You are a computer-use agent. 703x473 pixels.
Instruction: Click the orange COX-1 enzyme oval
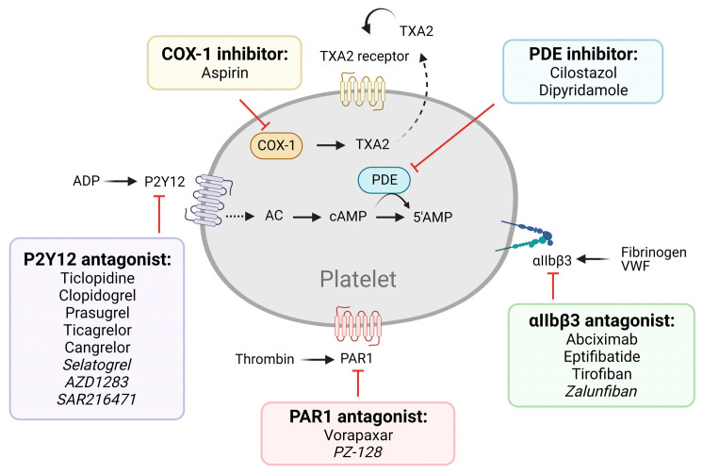pyautogui.click(x=276, y=145)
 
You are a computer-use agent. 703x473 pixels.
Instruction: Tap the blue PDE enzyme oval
pyautogui.click(x=384, y=180)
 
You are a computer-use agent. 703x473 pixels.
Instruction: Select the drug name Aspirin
pyautogui.click(x=224, y=73)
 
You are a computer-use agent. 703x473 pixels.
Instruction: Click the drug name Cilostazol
pyautogui.click(x=583, y=73)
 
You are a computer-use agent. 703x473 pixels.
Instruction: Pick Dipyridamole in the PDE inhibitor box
pyautogui.click(x=583, y=90)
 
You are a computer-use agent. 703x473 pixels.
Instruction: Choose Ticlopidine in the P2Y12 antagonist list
pyautogui.click(x=97, y=278)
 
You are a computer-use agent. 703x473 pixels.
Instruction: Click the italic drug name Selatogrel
pyautogui.click(x=97, y=365)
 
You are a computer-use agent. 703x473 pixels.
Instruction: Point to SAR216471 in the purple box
pyautogui.click(x=96, y=400)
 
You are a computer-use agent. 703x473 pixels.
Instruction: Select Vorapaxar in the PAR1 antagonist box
pyautogui.click(x=358, y=435)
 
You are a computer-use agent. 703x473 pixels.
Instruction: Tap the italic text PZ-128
pyautogui.click(x=358, y=452)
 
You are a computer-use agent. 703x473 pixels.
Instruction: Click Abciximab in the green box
pyautogui.click(x=601, y=339)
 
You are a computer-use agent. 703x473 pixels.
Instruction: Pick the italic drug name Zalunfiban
pyautogui.click(x=601, y=391)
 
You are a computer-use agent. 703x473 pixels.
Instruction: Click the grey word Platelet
pyautogui.click(x=358, y=279)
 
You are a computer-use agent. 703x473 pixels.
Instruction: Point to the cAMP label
pyautogui.click(x=348, y=217)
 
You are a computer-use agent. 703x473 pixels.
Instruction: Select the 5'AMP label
pyautogui.click(x=433, y=217)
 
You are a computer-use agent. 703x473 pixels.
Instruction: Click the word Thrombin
pyautogui.click(x=265, y=359)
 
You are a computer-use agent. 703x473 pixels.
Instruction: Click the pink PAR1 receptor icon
pyautogui.click(x=358, y=326)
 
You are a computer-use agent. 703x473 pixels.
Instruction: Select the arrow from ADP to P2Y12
pyautogui.click(x=121, y=181)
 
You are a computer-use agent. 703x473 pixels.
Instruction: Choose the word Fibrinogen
pyautogui.click(x=654, y=253)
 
